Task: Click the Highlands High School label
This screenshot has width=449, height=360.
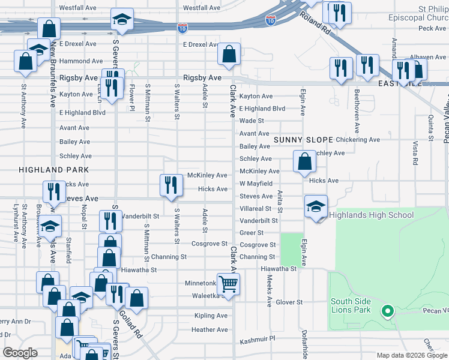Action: (x=372, y=215)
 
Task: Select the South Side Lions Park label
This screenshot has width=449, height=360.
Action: (x=351, y=305)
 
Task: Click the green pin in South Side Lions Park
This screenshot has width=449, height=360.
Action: (x=388, y=311)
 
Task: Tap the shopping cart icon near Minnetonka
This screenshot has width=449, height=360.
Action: (x=228, y=283)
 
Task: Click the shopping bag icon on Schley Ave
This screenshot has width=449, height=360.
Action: (x=304, y=161)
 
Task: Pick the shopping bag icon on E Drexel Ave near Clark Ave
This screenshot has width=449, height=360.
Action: (x=229, y=55)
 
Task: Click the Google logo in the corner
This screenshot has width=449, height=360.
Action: (x=20, y=353)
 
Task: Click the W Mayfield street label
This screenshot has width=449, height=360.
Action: (x=256, y=184)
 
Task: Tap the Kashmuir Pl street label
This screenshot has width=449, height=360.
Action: (x=255, y=338)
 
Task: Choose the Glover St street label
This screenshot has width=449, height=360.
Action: (x=289, y=302)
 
